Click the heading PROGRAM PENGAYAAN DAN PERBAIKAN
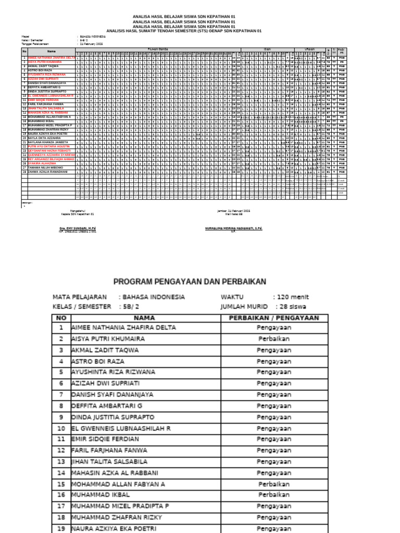pos(190,282)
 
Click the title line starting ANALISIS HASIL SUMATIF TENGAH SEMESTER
pos(183,31)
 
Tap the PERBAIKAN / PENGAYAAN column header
pos(273,318)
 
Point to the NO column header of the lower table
pos(61,318)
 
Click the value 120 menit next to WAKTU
pos(293,297)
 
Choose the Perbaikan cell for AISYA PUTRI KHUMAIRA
pos(273,338)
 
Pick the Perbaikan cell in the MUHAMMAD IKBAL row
pos(273,495)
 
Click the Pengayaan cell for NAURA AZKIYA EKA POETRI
pos(273,528)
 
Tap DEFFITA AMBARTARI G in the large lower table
pos(106,405)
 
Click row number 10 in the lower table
pos(61,428)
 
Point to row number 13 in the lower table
pos(61,462)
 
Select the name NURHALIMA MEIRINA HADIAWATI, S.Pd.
pos(234,228)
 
